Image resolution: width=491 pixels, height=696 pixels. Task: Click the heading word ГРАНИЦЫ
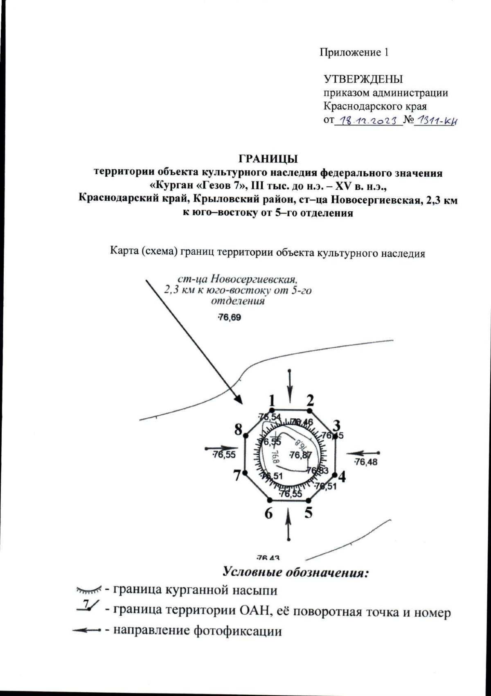pos(268,158)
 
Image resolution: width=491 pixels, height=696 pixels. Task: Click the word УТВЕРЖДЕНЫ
pos(363,79)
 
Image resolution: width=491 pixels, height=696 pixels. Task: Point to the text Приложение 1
pos(354,52)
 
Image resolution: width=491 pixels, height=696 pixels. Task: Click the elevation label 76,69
pos(229,318)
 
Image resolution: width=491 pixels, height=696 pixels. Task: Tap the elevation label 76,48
pos(366,462)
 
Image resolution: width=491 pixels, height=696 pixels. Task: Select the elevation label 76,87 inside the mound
pos(301,454)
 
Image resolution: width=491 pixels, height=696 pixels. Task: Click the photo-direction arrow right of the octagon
pos(363,453)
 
